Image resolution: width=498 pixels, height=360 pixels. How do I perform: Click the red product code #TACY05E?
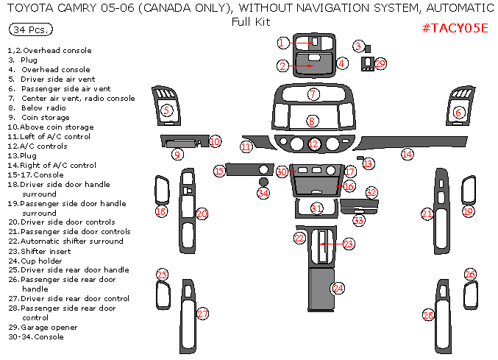(x=455, y=28)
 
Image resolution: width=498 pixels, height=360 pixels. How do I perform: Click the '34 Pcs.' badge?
(x=31, y=30)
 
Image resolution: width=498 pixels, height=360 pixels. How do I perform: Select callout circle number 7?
(x=313, y=95)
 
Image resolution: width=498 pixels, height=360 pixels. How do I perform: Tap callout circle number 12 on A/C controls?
(x=314, y=144)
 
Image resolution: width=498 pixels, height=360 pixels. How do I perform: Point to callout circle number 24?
(x=338, y=288)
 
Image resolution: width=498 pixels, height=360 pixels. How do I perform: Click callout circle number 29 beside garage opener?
(x=380, y=64)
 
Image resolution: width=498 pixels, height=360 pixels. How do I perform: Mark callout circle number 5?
(x=166, y=110)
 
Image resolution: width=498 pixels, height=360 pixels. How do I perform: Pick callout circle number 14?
(x=407, y=155)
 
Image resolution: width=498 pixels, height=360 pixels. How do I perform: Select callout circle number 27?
(x=203, y=314)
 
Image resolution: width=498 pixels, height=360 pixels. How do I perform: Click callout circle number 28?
(x=428, y=315)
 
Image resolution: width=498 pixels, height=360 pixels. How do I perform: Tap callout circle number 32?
(x=371, y=192)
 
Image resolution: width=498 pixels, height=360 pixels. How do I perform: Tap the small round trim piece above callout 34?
(x=263, y=180)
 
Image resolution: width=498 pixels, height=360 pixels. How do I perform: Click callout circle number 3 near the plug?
(x=358, y=46)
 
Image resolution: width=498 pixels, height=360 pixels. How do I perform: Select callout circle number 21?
(x=427, y=213)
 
